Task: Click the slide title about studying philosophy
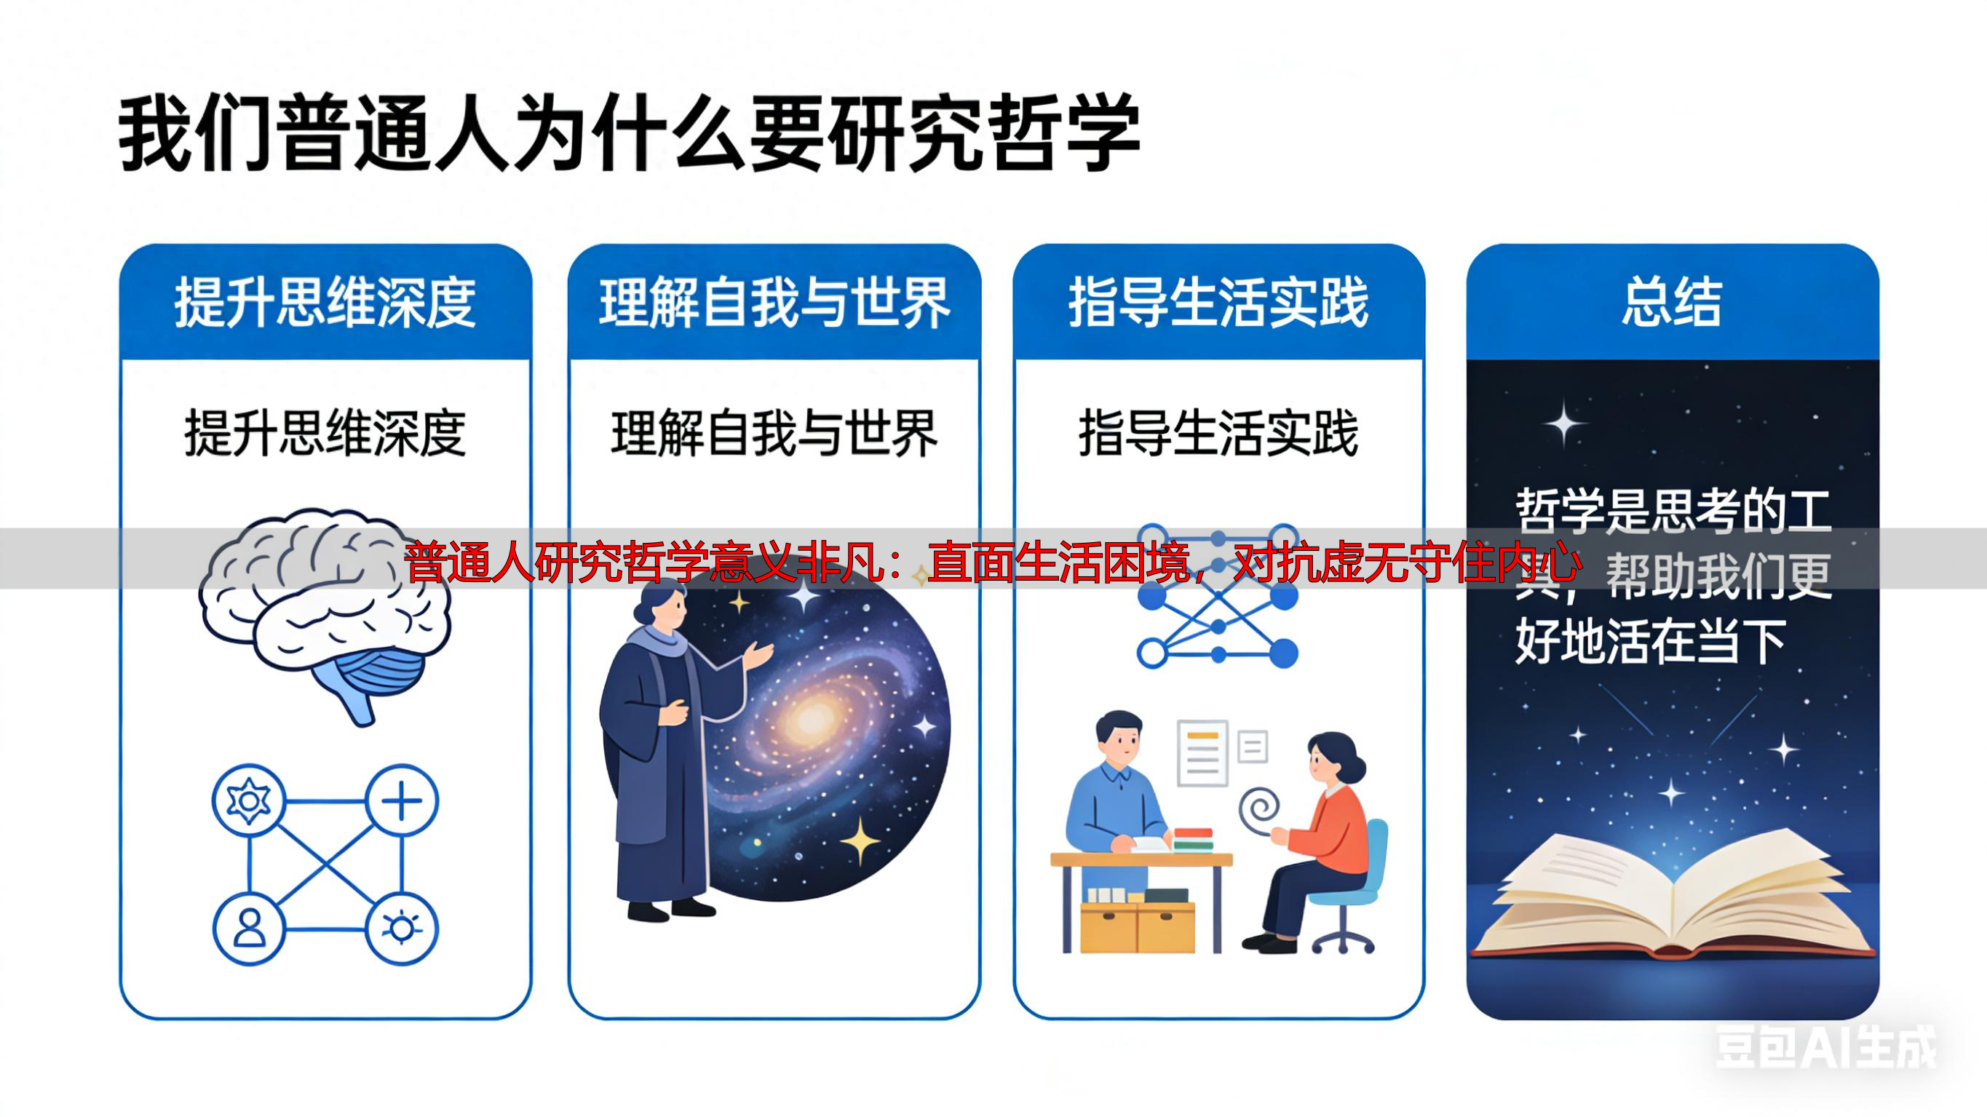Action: [629, 133]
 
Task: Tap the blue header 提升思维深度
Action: [325, 303]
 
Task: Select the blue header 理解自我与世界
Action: [774, 303]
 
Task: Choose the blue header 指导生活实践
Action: [1218, 303]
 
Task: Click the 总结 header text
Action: [1672, 303]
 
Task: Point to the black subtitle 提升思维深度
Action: [325, 434]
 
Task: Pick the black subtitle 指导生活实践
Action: [1218, 434]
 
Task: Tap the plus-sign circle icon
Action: [401, 801]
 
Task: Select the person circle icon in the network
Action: [248, 929]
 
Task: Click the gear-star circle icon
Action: [248, 801]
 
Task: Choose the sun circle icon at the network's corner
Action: [401, 929]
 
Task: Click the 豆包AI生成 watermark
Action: [1825, 1048]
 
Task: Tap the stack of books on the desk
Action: [1192, 838]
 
